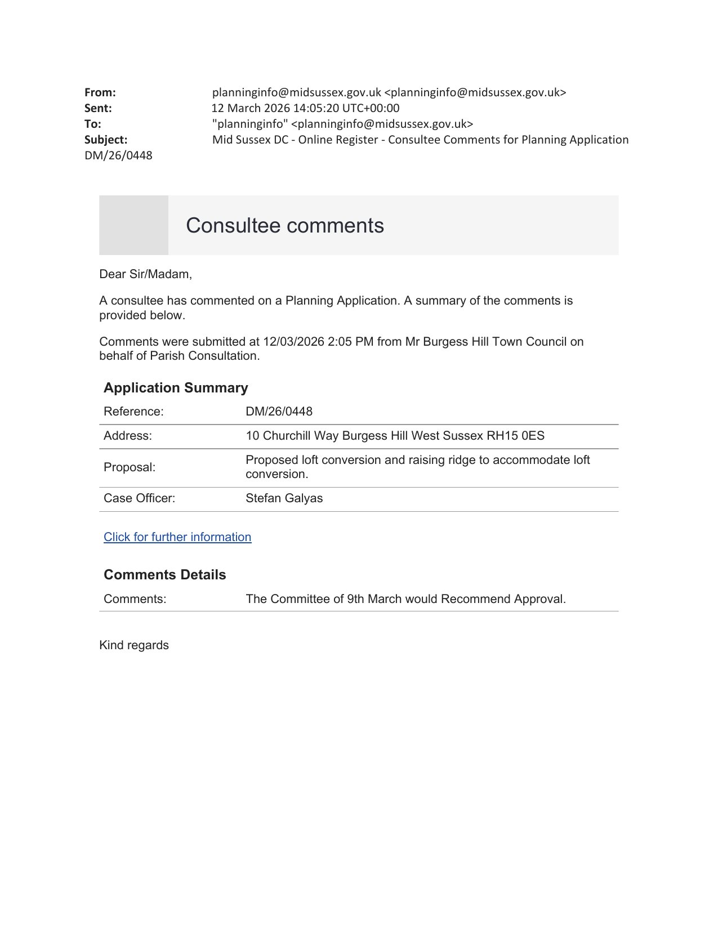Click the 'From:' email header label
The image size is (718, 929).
100,92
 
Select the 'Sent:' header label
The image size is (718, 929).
98,108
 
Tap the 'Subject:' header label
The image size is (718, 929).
106,140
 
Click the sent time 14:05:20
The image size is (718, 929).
314,108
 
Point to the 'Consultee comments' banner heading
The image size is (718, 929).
285,225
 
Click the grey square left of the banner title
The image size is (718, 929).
133,225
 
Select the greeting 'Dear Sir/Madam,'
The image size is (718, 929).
145,274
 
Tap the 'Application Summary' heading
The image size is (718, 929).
176,388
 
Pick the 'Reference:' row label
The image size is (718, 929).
133,412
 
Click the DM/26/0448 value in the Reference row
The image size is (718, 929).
279,412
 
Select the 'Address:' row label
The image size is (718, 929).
128,436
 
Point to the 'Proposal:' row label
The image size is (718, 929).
130,467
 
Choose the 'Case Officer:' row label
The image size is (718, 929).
139,498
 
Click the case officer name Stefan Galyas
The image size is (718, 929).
284,498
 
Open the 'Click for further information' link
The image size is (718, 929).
177,537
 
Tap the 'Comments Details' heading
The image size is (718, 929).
164,575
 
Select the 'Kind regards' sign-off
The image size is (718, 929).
134,645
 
